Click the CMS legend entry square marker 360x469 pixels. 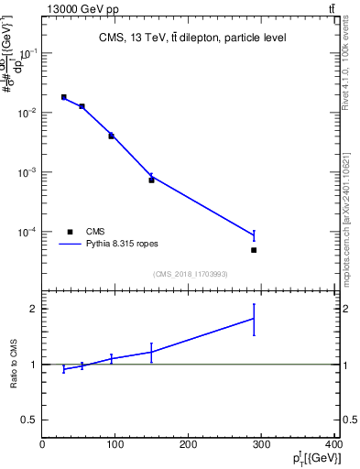(70, 232)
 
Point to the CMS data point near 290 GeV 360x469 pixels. (254, 250)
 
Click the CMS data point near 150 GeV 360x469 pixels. (151, 180)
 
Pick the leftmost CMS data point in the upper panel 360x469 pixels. (64, 97)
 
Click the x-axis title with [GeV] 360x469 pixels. (317, 458)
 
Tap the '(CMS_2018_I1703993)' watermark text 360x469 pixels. (190, 274)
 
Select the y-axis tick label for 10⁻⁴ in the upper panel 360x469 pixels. (27, 232)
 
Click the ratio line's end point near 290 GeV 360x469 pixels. (254, 318)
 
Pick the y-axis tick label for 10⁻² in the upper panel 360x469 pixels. (27, 113)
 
